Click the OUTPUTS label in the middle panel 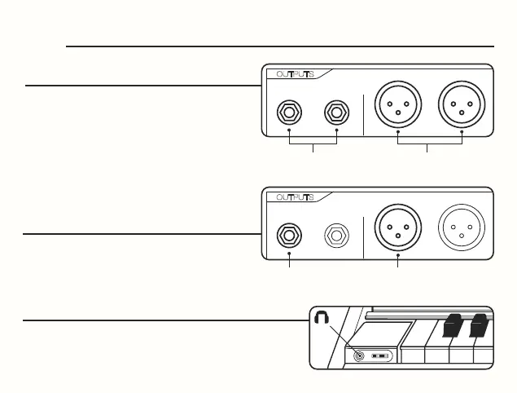(296, 197)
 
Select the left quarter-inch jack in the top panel (290, 111)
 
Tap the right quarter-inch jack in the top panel (336, 111)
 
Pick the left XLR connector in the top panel (397, 105)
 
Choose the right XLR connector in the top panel (462, 105)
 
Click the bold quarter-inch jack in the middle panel (290, 235)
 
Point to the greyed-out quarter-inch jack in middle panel (336, 235)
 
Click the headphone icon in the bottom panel (322, 321)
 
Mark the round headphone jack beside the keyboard (358, 355)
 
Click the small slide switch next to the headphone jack (380, 356)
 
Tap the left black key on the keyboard (453, 325)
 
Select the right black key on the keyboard (480, 325)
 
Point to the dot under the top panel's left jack (290, 130)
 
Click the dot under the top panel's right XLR (462, 130)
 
